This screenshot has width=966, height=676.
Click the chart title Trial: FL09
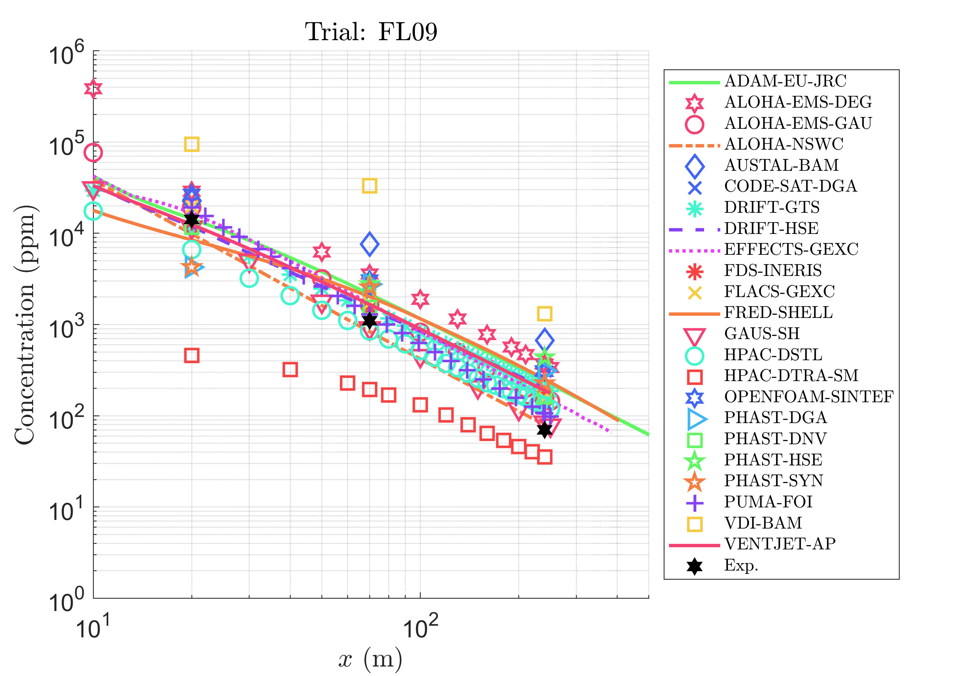pyautogui.click(x=371, y=32)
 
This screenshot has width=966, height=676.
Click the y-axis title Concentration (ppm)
pyautogui.click(x=25, y=324)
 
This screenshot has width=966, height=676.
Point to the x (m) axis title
pyautogui.click(x=370, y=659)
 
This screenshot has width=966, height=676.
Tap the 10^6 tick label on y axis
pyautogui.click(x=67, y=54)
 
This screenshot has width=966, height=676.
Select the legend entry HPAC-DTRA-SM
pyautogui.click(x=791, y=376)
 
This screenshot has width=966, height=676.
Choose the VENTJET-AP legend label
pyautogui.click(x=780, y=544)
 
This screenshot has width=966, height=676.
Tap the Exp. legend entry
pyautogui.click(x=741, y=565)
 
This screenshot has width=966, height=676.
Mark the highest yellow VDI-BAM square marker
pyautogui.click(x=192, y=144)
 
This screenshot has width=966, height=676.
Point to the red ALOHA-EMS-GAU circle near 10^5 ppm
pyautogui.click(x=93, y=152)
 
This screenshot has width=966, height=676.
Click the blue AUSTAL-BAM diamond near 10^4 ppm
pyautogui.click(x=370, y=244)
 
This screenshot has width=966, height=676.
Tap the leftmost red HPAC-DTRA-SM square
pyautogui.click(x=192, y=355)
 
